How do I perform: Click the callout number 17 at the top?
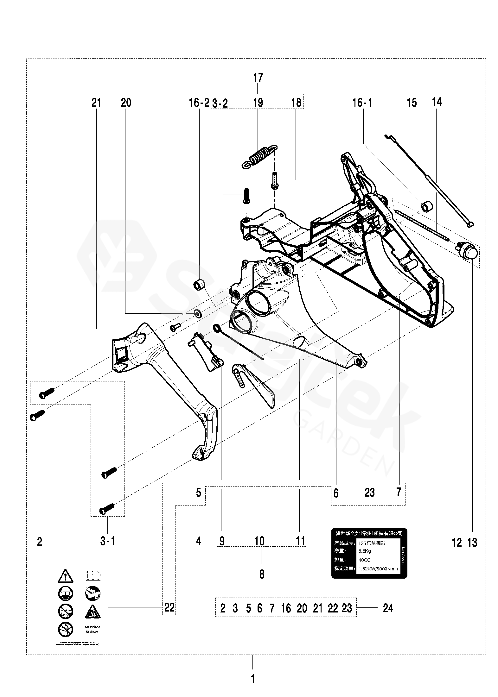point(258,78)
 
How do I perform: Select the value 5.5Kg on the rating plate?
point(365,551)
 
